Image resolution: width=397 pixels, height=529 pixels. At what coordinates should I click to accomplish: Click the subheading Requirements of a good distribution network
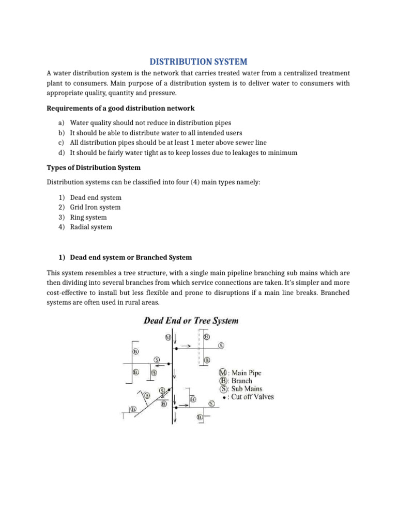tap(121, 108)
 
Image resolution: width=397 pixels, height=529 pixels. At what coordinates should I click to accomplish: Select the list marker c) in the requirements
tap(60, 143)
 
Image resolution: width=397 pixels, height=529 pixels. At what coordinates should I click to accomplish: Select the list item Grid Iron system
tap(95, 207)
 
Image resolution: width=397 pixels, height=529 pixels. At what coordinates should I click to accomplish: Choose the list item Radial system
tap(91, 227)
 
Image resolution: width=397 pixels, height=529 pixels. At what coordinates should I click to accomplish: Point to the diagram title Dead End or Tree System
tap(191, 320)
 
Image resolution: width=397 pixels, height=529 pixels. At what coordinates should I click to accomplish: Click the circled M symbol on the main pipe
tap(167, 337)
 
